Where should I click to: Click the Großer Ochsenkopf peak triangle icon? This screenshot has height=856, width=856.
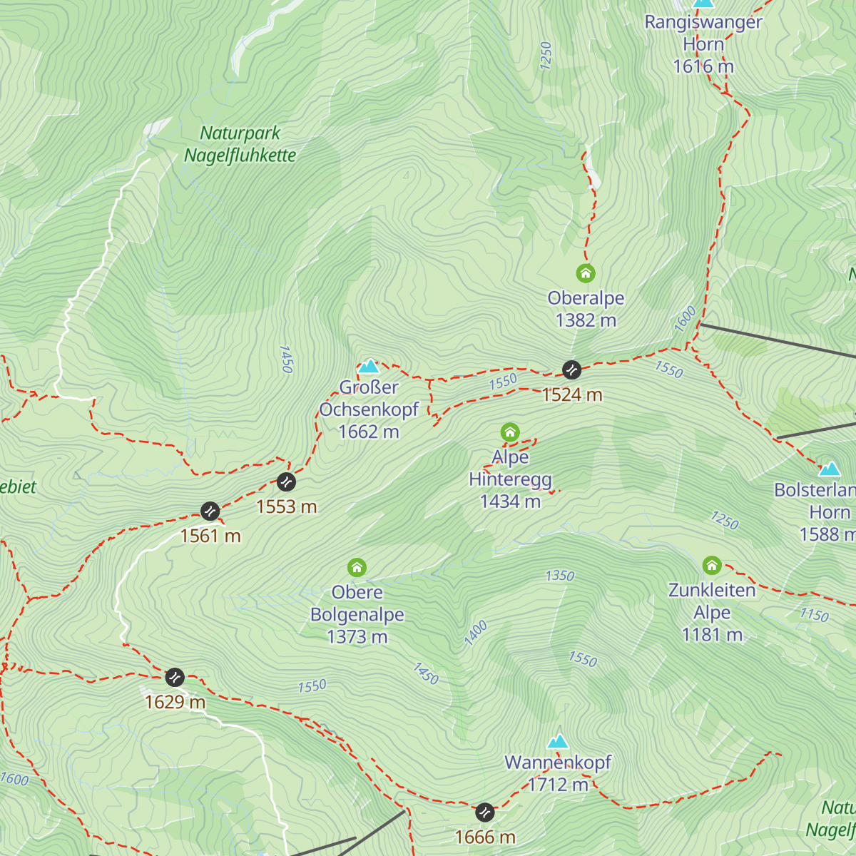click(x=369, y=367)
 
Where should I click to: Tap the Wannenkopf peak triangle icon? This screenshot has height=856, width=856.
click(x=558, y=741)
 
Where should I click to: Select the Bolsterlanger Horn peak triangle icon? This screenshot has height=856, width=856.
click(x=830, y=469)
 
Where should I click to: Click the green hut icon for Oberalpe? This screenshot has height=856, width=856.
click(x=586, y=273)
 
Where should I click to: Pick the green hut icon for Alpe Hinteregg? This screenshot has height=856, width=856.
click(x=510, y=432)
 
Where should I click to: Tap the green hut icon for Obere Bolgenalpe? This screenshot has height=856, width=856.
click(x=357, y=568)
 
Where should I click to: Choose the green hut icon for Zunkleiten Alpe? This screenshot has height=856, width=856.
click(x=712, y=566)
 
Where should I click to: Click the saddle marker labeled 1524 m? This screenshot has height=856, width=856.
click(x=571, y=370)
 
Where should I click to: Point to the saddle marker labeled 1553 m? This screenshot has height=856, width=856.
click(x=286, y=481)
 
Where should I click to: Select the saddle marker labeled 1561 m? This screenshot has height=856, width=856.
click(x=210, y=511)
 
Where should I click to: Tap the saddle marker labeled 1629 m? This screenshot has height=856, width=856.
click(x=175, y=677)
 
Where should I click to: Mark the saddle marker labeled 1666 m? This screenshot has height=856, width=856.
click(x=485, y=812)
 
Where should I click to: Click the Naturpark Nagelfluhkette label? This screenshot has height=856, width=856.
click(x=240, y=144)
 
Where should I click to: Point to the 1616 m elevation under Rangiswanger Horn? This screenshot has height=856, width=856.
click(x=703, y=66)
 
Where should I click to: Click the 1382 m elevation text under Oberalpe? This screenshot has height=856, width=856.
click(x=586, y=320)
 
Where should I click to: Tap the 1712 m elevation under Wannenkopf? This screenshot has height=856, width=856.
click(x=558, y=785)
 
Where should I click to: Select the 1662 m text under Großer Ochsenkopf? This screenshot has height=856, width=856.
click(x=369, y=432)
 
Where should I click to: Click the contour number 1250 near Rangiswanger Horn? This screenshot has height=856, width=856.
click(x=546, y=56)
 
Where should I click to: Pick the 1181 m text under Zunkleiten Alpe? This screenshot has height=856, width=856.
click(x=712, y=634)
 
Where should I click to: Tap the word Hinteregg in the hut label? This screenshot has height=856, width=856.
click(x=510, y=479)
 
